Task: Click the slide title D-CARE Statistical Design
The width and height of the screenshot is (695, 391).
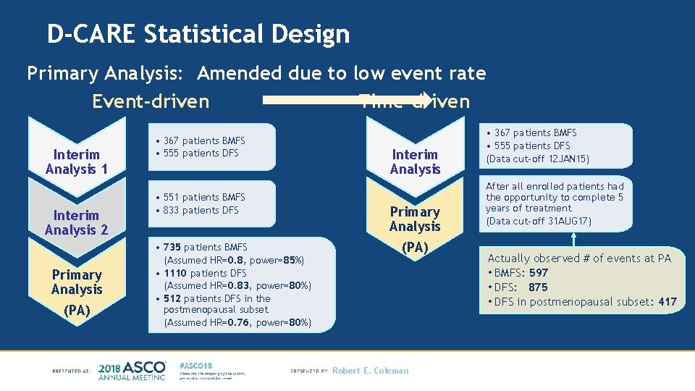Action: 198,34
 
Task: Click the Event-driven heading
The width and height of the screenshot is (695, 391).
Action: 151,101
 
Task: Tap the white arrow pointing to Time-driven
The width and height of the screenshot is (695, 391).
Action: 347,101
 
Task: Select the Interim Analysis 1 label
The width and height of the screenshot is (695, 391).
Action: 76,161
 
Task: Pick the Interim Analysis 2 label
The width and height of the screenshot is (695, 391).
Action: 76,222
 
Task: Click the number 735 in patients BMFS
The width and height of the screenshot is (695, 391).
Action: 175,248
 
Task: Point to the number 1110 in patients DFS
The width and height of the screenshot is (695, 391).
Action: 175,273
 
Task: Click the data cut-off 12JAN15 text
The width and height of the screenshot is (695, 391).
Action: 538,159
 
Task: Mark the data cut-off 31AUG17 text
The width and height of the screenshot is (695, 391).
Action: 539,221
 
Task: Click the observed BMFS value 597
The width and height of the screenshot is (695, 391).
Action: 539,273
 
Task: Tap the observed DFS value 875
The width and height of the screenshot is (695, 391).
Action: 538,287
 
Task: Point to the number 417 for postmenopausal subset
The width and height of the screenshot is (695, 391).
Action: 667,302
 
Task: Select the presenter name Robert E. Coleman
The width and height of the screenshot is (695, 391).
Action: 370,371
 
